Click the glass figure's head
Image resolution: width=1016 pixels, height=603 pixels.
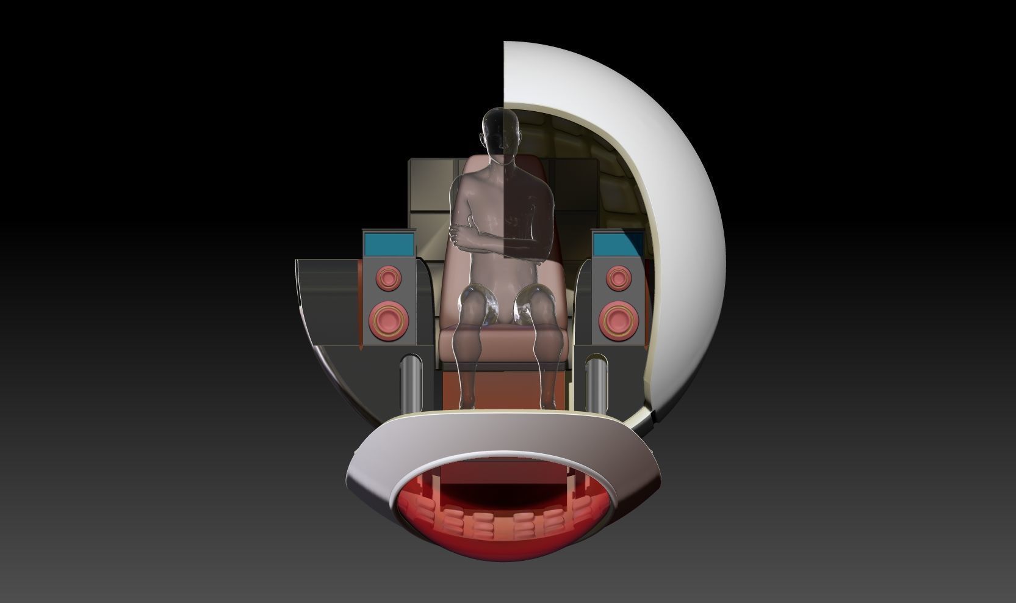coord(502,133)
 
